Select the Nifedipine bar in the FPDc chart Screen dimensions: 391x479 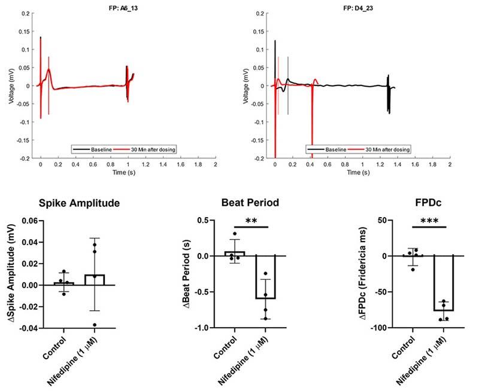[x=444, y=283]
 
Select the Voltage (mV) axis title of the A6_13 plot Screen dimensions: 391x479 [x=11, y=85]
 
